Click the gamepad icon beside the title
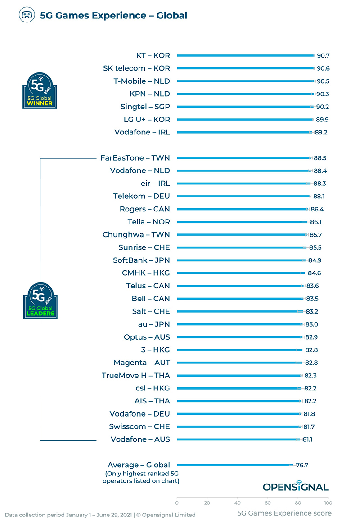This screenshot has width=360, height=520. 27,15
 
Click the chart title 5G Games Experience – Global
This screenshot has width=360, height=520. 113,16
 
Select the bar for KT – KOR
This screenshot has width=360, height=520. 245,56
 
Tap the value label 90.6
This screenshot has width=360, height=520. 323,68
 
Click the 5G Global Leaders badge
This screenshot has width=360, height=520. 40,300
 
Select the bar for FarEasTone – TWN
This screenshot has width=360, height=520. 243,158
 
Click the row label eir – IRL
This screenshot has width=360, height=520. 155,184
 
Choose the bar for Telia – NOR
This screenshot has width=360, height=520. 241,222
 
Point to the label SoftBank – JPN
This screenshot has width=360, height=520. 141,260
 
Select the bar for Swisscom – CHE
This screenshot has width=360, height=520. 238,427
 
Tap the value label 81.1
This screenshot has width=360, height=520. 308,439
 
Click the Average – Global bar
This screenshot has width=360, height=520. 234,465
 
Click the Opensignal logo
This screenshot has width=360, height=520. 296,487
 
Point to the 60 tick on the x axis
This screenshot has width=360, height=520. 268,503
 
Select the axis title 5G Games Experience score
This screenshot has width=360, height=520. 284,513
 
